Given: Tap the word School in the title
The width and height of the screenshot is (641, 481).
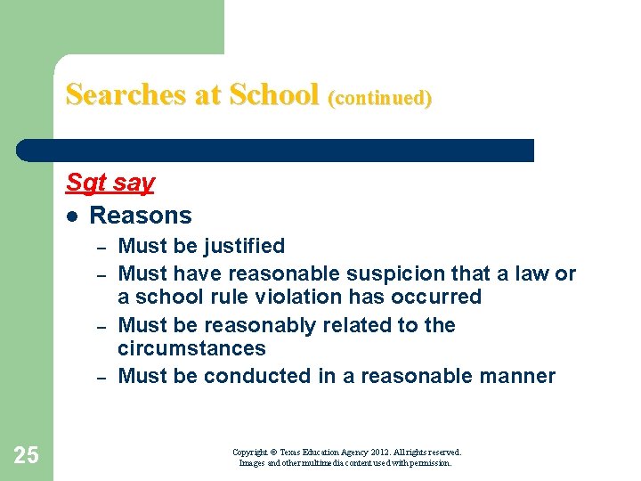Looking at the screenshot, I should (x=273, y=94).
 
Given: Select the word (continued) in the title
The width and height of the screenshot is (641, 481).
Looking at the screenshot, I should (x=380, y=97).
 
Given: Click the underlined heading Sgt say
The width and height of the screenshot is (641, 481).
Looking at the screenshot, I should (x=110, y=183).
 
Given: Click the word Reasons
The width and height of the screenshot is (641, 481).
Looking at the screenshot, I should (x=141, y=216).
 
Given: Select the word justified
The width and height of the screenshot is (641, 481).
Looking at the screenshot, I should (x=243, y=246).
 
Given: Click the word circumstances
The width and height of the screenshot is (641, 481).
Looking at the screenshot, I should (x=191, y=348).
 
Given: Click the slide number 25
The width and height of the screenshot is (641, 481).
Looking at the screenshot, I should (x=27, y=455).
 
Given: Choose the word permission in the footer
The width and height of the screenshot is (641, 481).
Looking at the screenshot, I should (x=430, y=463).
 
